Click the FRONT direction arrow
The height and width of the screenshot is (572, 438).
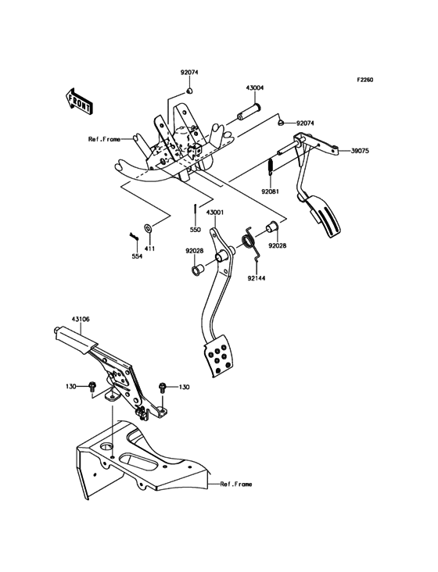[x=79, y=101]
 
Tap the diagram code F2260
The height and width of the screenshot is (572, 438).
[x=368, y=80]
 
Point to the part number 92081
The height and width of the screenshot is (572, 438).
[x=270, y=190]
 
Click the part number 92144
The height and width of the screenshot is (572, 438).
[x=257, y=277]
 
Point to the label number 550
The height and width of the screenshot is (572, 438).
[x=195, y=230]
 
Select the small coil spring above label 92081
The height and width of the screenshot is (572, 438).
[x=271, y=169]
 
